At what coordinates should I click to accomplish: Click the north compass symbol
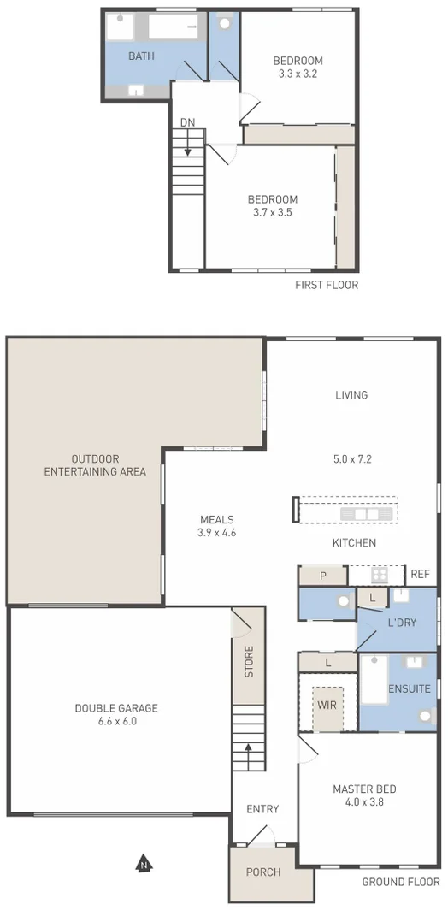tap(144, 864)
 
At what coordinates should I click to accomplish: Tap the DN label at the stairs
tap(187, 122)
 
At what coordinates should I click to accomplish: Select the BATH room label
tap(141, 56)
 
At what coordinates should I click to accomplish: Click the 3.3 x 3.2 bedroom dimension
tap(298, 74)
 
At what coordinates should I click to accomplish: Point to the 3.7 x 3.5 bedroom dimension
tap(274, 213)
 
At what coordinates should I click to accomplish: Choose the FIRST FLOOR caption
tap(327, 285)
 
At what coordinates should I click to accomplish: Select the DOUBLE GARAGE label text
tap(116, 708)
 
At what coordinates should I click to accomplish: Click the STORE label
tap(249, 662)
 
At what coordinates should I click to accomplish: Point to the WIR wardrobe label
tap(327, 706)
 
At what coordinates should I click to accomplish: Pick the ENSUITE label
tap(409, 689)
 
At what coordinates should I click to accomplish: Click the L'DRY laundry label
tap(401, 623)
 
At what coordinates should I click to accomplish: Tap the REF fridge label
tap(420, 575)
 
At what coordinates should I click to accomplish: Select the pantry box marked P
tap(322, 576)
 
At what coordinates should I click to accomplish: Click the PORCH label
tap(263, 873)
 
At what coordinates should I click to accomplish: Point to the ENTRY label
tap(262, 809)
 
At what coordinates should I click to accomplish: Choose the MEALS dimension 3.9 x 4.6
tap(216, 533)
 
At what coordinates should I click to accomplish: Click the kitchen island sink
tap(366, 514)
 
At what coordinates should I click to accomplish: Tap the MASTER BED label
tap(364, 789)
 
